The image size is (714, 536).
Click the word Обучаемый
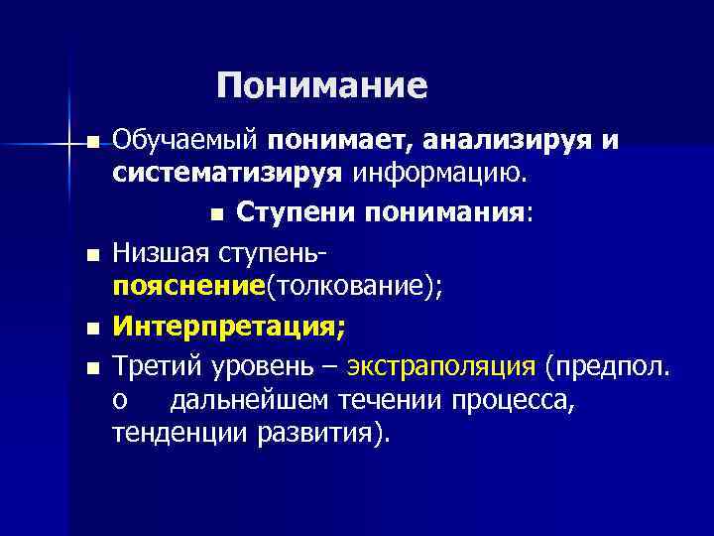pos(185,141)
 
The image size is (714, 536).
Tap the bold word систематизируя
pos(228,175)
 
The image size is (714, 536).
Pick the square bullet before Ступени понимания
pos(218,215)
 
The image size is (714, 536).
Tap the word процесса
pos(506,400)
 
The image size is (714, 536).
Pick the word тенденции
pos(179,435)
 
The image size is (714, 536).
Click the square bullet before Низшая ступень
pos(92,256)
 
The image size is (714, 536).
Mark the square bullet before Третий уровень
pos(92,367)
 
